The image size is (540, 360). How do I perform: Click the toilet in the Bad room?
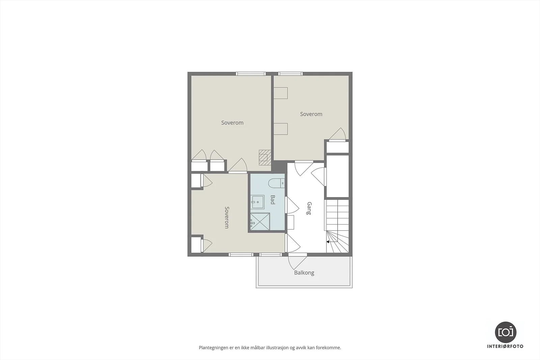point(276,183)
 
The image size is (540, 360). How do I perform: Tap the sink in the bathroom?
point(258,202)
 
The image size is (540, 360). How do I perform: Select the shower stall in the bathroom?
point(260,221)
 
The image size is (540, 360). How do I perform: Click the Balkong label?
point(304,273)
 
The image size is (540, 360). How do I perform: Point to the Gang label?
point(309,208)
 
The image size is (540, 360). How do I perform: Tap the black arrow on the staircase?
point(328,242)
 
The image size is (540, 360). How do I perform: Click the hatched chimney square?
point(265,157)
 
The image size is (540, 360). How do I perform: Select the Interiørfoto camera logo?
point(506,332)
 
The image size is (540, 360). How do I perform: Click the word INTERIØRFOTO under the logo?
point(505,346)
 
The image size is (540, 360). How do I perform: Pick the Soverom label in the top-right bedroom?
point(311,114)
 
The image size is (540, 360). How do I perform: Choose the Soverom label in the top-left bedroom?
point(233,123)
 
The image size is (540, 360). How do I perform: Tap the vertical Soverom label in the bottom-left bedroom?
point(227,217)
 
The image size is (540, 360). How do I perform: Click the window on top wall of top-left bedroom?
point(251,74)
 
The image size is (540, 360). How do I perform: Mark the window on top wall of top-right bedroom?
point(291,74)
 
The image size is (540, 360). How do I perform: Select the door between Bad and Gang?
point(292,205)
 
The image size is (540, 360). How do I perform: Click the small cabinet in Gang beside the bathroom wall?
point(291,222)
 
